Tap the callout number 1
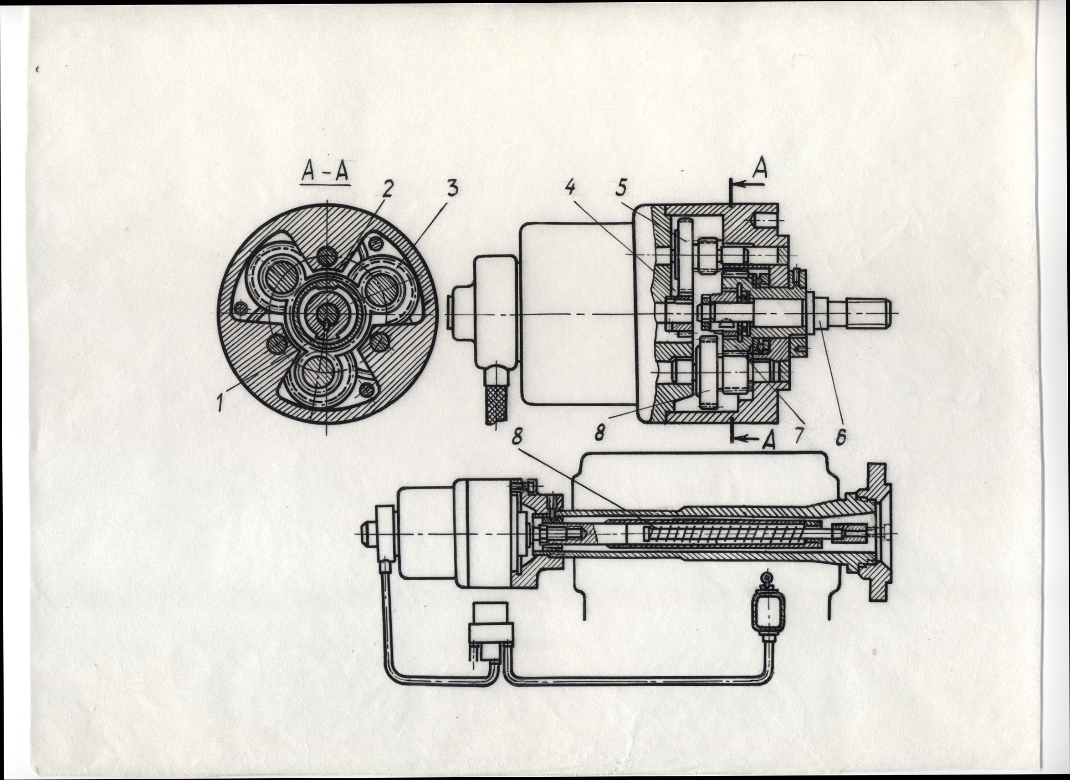coord(220,403)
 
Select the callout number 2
coord(387,189)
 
